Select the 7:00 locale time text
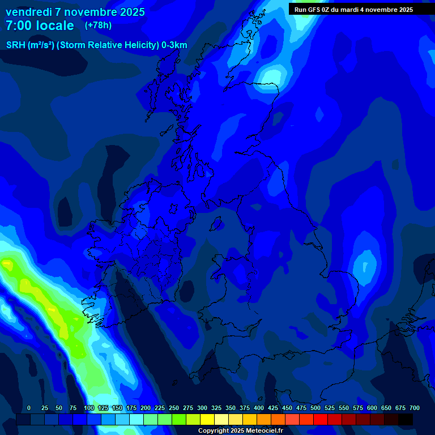40,25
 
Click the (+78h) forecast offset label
98,25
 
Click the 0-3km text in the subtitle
174,45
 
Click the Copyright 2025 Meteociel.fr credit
240,430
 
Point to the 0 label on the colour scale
29,408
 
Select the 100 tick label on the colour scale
89,408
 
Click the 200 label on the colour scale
146,408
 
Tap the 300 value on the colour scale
202,408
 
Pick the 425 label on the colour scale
273,408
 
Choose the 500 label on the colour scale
315,408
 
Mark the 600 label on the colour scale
372,408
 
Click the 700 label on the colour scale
415,408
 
